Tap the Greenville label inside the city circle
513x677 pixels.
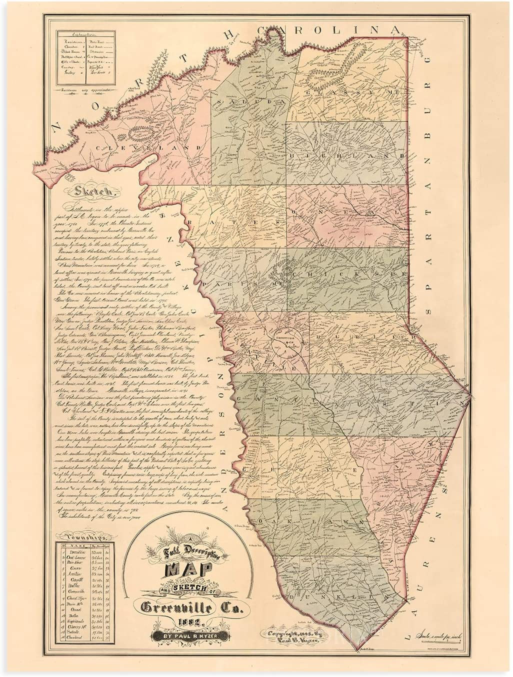click(x=284, y=336)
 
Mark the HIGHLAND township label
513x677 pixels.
click(x=350, y=156)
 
